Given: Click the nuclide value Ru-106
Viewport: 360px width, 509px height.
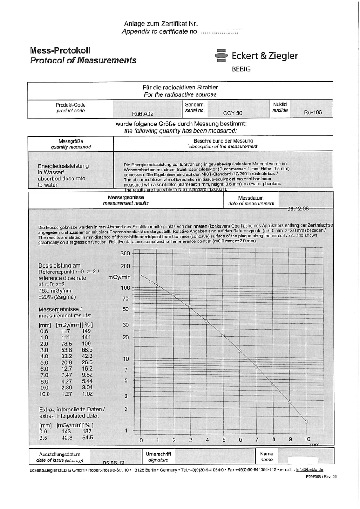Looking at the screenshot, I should tap(313, 113).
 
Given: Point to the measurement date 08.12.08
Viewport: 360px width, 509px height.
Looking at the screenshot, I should tap(298, 209).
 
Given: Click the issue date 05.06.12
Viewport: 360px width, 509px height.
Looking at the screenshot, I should tap(113, 463).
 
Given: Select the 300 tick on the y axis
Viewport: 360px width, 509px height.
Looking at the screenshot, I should tap(125, 254).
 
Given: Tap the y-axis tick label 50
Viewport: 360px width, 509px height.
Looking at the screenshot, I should tap(125, 309).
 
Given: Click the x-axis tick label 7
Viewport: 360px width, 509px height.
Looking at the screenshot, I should tap(257, 439).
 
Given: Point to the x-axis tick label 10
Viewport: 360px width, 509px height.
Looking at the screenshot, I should tap(307, 439).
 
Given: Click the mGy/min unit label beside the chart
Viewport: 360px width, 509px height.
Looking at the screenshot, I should tap(119, 277).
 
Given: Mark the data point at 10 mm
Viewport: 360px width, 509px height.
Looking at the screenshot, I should tap(306, 422).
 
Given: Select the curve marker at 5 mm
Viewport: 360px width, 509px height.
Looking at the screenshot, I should tap(223, 335).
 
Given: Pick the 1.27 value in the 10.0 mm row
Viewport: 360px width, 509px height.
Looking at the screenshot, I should tap(66, 394).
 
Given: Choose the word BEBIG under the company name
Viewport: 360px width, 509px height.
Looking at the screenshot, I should tap(241, 70).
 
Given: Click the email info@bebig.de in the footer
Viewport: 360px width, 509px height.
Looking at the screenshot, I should tap(309, 469).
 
